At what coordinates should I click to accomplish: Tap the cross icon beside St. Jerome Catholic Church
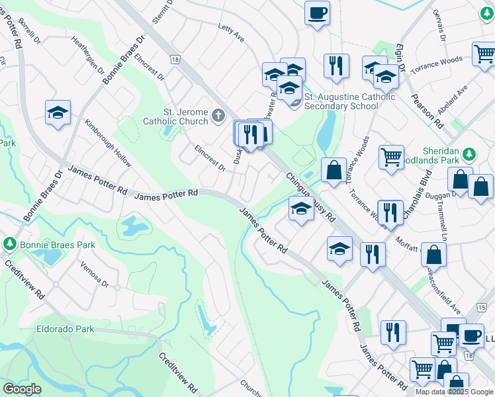219,117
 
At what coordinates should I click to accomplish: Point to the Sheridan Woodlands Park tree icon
469,154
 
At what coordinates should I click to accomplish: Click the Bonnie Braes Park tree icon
9,244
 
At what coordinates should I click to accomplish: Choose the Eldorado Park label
66,329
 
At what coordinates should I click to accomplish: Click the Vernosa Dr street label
94,275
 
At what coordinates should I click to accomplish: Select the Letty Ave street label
231,33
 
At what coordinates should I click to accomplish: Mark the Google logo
22,389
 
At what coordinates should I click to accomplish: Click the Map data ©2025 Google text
454,392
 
